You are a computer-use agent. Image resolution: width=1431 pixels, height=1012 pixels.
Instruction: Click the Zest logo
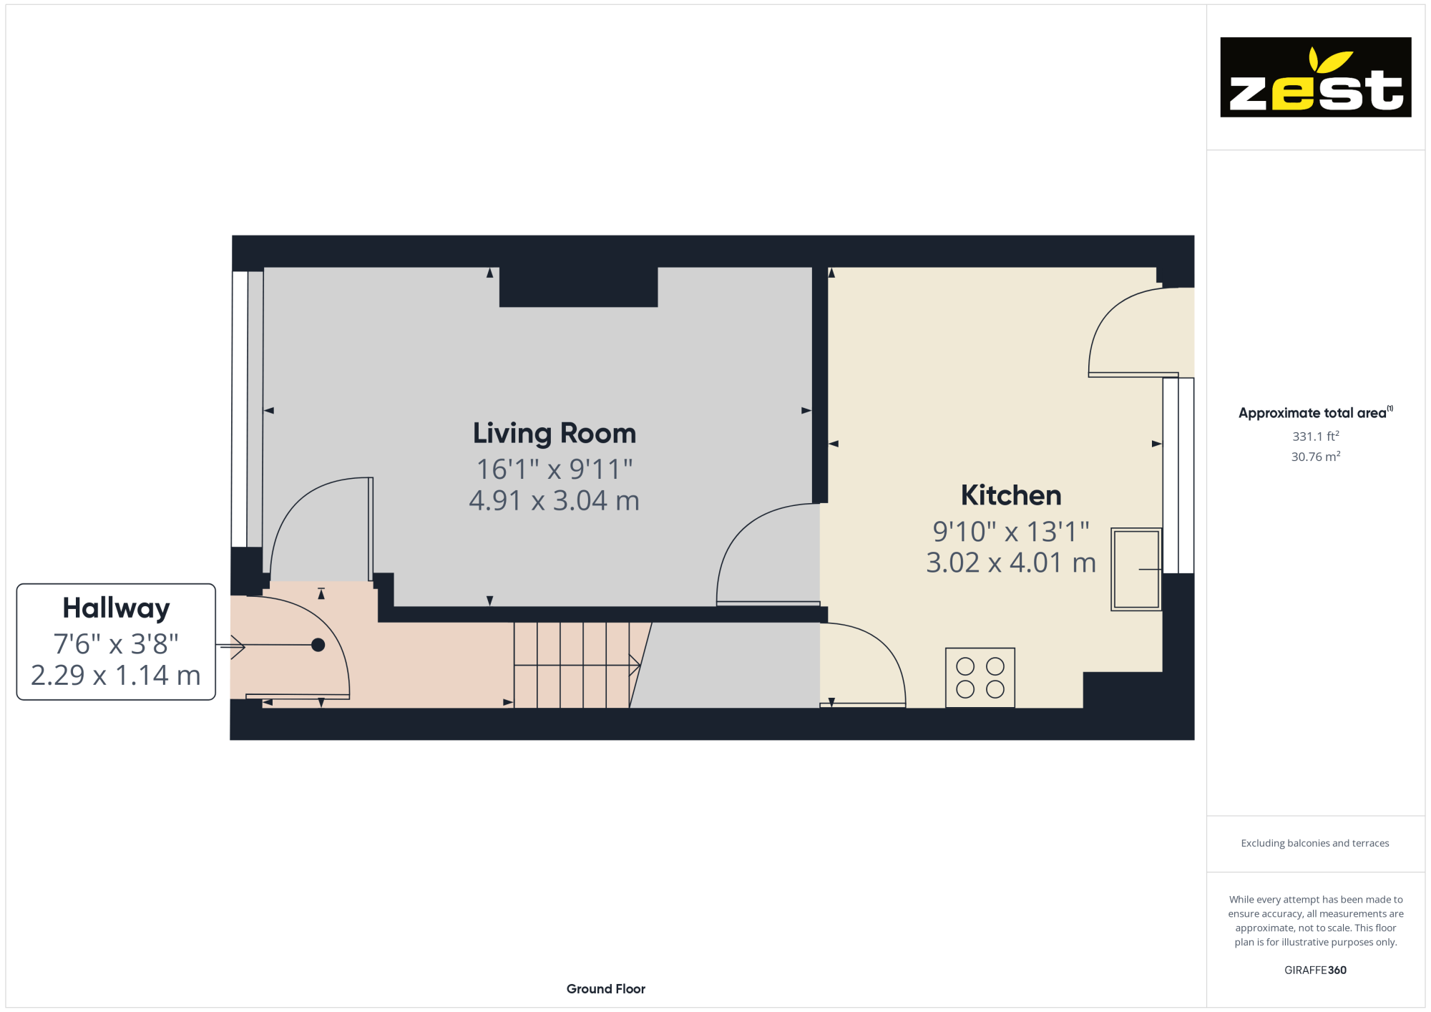(x=1315, y=77)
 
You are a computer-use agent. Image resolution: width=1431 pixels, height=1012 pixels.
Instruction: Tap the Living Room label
(x=555, y=434)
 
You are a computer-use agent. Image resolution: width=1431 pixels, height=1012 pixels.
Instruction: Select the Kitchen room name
(x=1010, y=495)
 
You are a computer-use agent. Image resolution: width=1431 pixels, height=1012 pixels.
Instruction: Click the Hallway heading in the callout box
(x=116, y=608)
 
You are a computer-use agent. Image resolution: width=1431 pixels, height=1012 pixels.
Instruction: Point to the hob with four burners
(x=980, y=677)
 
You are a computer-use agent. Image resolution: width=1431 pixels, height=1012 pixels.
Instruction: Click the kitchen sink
(x=1135, y=569)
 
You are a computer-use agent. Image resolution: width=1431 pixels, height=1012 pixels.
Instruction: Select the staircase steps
(x=572, y=665)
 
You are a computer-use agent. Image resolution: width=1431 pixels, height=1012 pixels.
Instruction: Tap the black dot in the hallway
(x=318, y=645)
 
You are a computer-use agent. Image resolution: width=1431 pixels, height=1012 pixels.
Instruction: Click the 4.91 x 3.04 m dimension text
(x=555, y=501)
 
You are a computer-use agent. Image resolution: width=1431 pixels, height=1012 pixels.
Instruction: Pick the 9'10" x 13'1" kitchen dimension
(x=1010, y=532)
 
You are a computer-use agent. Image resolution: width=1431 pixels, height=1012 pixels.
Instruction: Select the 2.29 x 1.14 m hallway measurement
(x=116, y=676)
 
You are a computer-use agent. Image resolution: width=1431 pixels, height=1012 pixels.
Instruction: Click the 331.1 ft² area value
(x=1315, y=437)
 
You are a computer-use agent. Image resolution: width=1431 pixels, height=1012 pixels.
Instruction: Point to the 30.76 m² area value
(x=1315, y=457)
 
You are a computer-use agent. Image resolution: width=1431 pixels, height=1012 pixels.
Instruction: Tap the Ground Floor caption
(x=605, y=989)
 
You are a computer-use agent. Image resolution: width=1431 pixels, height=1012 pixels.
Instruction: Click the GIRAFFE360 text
(x=1315, y=970)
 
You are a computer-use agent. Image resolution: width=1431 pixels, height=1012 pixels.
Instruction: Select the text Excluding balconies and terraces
(x=1315, y=843)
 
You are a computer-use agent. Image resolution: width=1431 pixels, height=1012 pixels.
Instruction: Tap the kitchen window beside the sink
(x=1178, y=476)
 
